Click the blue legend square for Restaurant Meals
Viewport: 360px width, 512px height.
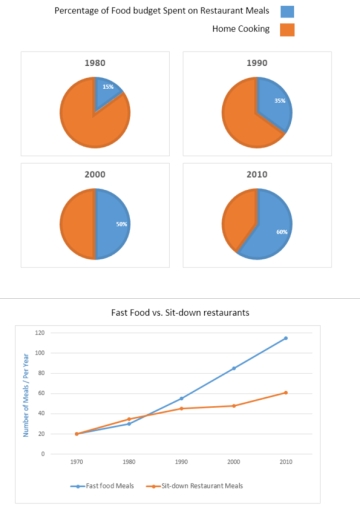tap(288, 11)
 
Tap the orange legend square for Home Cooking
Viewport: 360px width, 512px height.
tap(288, 30)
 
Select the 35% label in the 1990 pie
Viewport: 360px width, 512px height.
tap(280, 101)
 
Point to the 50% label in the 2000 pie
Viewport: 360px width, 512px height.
tap(121, 225)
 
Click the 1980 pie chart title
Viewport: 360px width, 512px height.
tap(95, 62)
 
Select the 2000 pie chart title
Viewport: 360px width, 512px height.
tap(95, 173)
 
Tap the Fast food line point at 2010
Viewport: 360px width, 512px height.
tap(286, 338)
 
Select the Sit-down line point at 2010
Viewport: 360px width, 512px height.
tap(286, 392)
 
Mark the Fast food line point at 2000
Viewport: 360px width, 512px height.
tap(234, 368)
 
